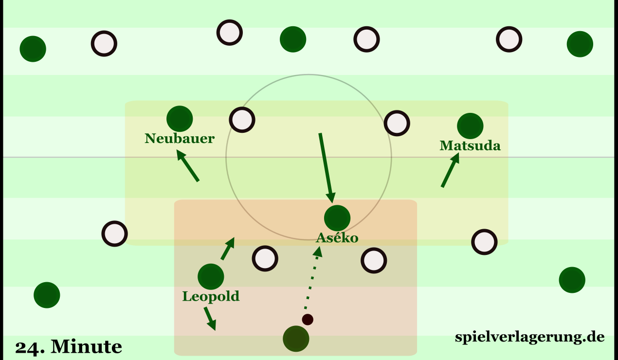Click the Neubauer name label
pyautogui.click(x=180, y=139)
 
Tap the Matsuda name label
pyautogui.click(x=470, y=145)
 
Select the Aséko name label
pyautogui.click(x=337, y=238)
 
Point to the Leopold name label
pyautogui.click(x=211, y=296)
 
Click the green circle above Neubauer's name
pyautogui.click(x=180, y=118)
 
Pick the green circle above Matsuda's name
pyautogui.click(x=470, y=126)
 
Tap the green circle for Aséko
pyautogui.click(x=337, y=218)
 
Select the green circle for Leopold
pyautogui.click(x=211, y=276)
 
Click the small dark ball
pyautogui.click(x=308, y=320)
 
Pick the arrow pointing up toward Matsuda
pyautogui.click(x=450, y=170)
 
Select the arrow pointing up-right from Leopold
pyautogui.click(x=228, y=249)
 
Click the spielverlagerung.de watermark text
pyautogui.click(x=529, y=337)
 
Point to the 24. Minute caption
pyautogui.click(x=68, y=347)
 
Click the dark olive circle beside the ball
pyautogui.click(x=296, y=338)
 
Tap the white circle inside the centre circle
pyautogui.click(x=242, y=119)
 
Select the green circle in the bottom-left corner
pyautogui.click(x=47, y=295)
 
